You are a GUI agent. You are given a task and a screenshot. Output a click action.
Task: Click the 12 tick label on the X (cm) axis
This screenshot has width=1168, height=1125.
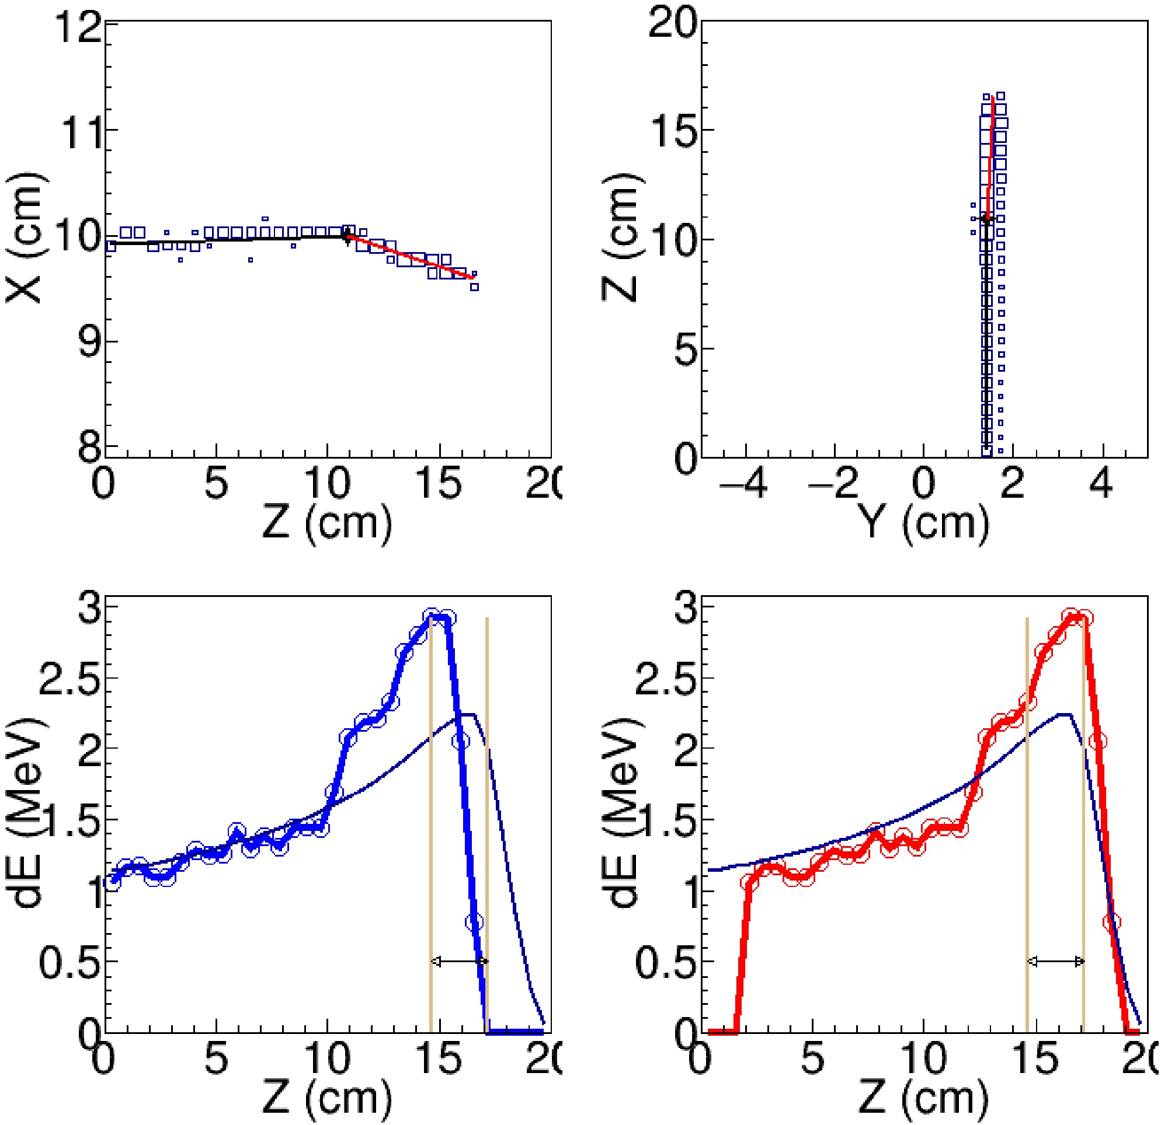pos(77,26)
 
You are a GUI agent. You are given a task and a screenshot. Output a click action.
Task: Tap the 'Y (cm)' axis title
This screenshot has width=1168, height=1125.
pos(924,522)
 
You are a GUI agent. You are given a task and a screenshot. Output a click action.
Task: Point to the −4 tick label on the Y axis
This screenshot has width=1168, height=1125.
pos(743,483)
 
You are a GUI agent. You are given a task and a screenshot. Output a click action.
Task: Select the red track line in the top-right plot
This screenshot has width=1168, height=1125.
pos(990,155)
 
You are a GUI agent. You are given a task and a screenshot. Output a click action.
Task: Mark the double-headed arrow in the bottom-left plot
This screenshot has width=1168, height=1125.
pos(460,961)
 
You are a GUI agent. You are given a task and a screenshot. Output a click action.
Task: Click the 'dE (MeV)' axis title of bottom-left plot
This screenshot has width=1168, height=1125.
pos(27,816)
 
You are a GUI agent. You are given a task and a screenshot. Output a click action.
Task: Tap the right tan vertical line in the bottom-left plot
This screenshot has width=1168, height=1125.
pos(487,774)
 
